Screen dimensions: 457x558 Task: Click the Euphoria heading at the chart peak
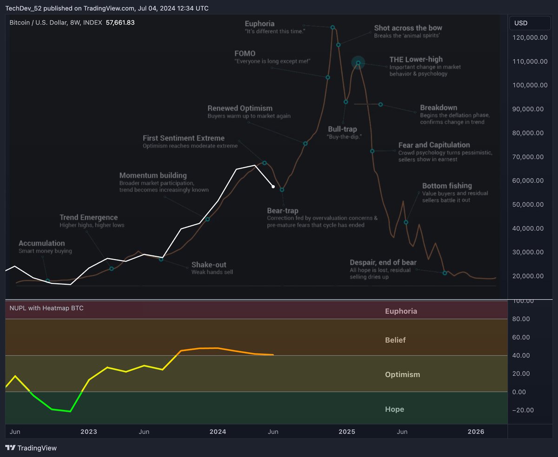pos(259,24)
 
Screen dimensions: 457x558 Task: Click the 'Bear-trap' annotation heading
pos(283,211)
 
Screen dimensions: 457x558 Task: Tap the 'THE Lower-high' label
pos(416,59)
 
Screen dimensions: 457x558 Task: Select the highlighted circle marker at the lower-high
pos(358,62)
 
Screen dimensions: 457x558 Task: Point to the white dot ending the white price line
pos(273,187)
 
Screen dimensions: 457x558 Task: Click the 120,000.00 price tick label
pos(529,38)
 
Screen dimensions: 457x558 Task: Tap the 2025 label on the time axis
pos(346,432)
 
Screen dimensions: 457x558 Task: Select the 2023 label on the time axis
pos(88,432)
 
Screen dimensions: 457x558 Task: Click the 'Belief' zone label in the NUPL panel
pos(395,340)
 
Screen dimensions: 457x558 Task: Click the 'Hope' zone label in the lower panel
pos(394,409)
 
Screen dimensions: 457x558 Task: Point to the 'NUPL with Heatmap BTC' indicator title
pos(46,308)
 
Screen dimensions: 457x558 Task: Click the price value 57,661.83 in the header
pos(120,22)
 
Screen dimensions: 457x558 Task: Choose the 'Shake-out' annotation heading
pos(209,265)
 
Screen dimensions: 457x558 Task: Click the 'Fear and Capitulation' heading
pos(434,145)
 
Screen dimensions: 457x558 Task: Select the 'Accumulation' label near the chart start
pos(41,243)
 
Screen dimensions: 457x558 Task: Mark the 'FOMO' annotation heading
pos(245,54)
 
